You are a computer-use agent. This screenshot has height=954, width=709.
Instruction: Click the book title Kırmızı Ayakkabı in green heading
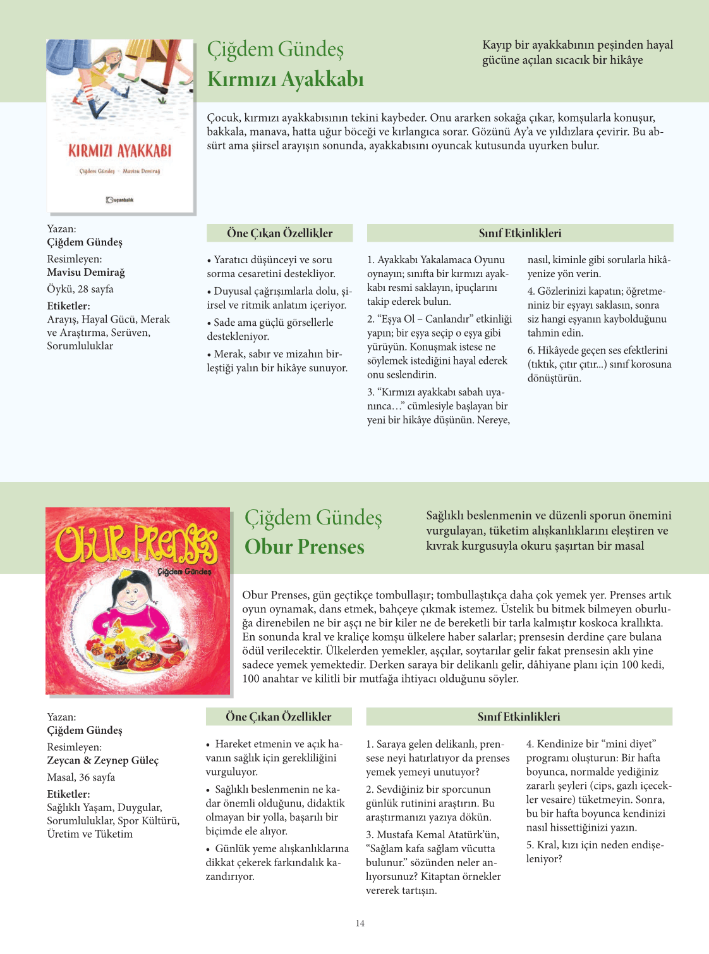[x=285, y=80]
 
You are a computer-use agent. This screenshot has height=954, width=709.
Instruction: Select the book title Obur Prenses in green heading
[x=305, y=547]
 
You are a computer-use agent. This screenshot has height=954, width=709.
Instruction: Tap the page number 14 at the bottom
[x=360, y=924]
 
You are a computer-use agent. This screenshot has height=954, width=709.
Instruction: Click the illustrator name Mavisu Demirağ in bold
[x=86, y=272]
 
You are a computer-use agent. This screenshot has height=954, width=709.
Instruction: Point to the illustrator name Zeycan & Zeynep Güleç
[x=102, y=760]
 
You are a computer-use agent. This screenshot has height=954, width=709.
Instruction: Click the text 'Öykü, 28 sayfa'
[x=80, y=289]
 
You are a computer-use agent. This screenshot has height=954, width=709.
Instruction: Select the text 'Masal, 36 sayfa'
[x=81, y=777]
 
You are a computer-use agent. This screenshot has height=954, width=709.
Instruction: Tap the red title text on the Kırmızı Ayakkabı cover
[x=120, y=151]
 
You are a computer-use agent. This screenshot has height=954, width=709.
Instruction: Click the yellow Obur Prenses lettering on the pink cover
[x=136, y=543]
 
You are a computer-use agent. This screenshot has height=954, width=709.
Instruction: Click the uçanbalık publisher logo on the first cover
[x=119, y=200]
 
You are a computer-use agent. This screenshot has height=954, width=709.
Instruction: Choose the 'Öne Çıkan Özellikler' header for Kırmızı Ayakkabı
[x=280, y=233]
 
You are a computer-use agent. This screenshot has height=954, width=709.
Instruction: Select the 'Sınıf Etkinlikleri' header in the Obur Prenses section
[x=519, y=717]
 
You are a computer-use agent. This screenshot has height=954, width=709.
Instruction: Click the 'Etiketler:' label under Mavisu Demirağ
[x=68, y=306]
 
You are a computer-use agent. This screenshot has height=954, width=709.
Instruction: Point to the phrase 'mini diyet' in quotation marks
[x=629, y=744]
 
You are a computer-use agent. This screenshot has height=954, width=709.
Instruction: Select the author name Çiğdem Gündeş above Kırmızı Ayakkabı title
[x=276, y=49]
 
